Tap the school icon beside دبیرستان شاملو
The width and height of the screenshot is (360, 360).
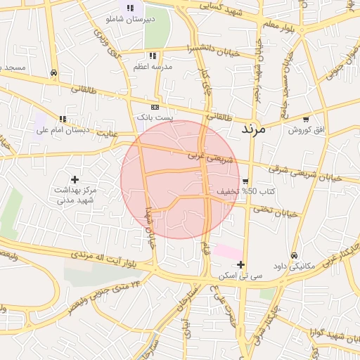pos(130,8)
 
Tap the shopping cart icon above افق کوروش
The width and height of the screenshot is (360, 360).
pos(305,120)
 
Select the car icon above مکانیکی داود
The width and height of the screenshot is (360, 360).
pos(293,256)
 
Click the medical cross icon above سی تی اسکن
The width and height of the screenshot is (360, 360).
pos(241,265)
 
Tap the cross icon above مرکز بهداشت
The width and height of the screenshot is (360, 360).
pos(75,180)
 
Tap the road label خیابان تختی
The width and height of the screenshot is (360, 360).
pos(276,211)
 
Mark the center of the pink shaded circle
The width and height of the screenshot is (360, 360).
pos(180,180)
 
